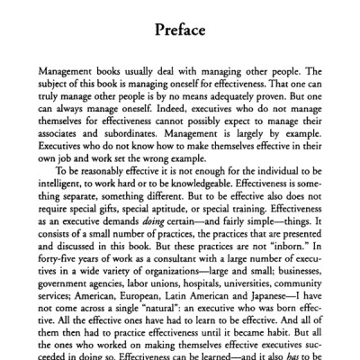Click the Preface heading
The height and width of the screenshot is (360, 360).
[x=179, y=30]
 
